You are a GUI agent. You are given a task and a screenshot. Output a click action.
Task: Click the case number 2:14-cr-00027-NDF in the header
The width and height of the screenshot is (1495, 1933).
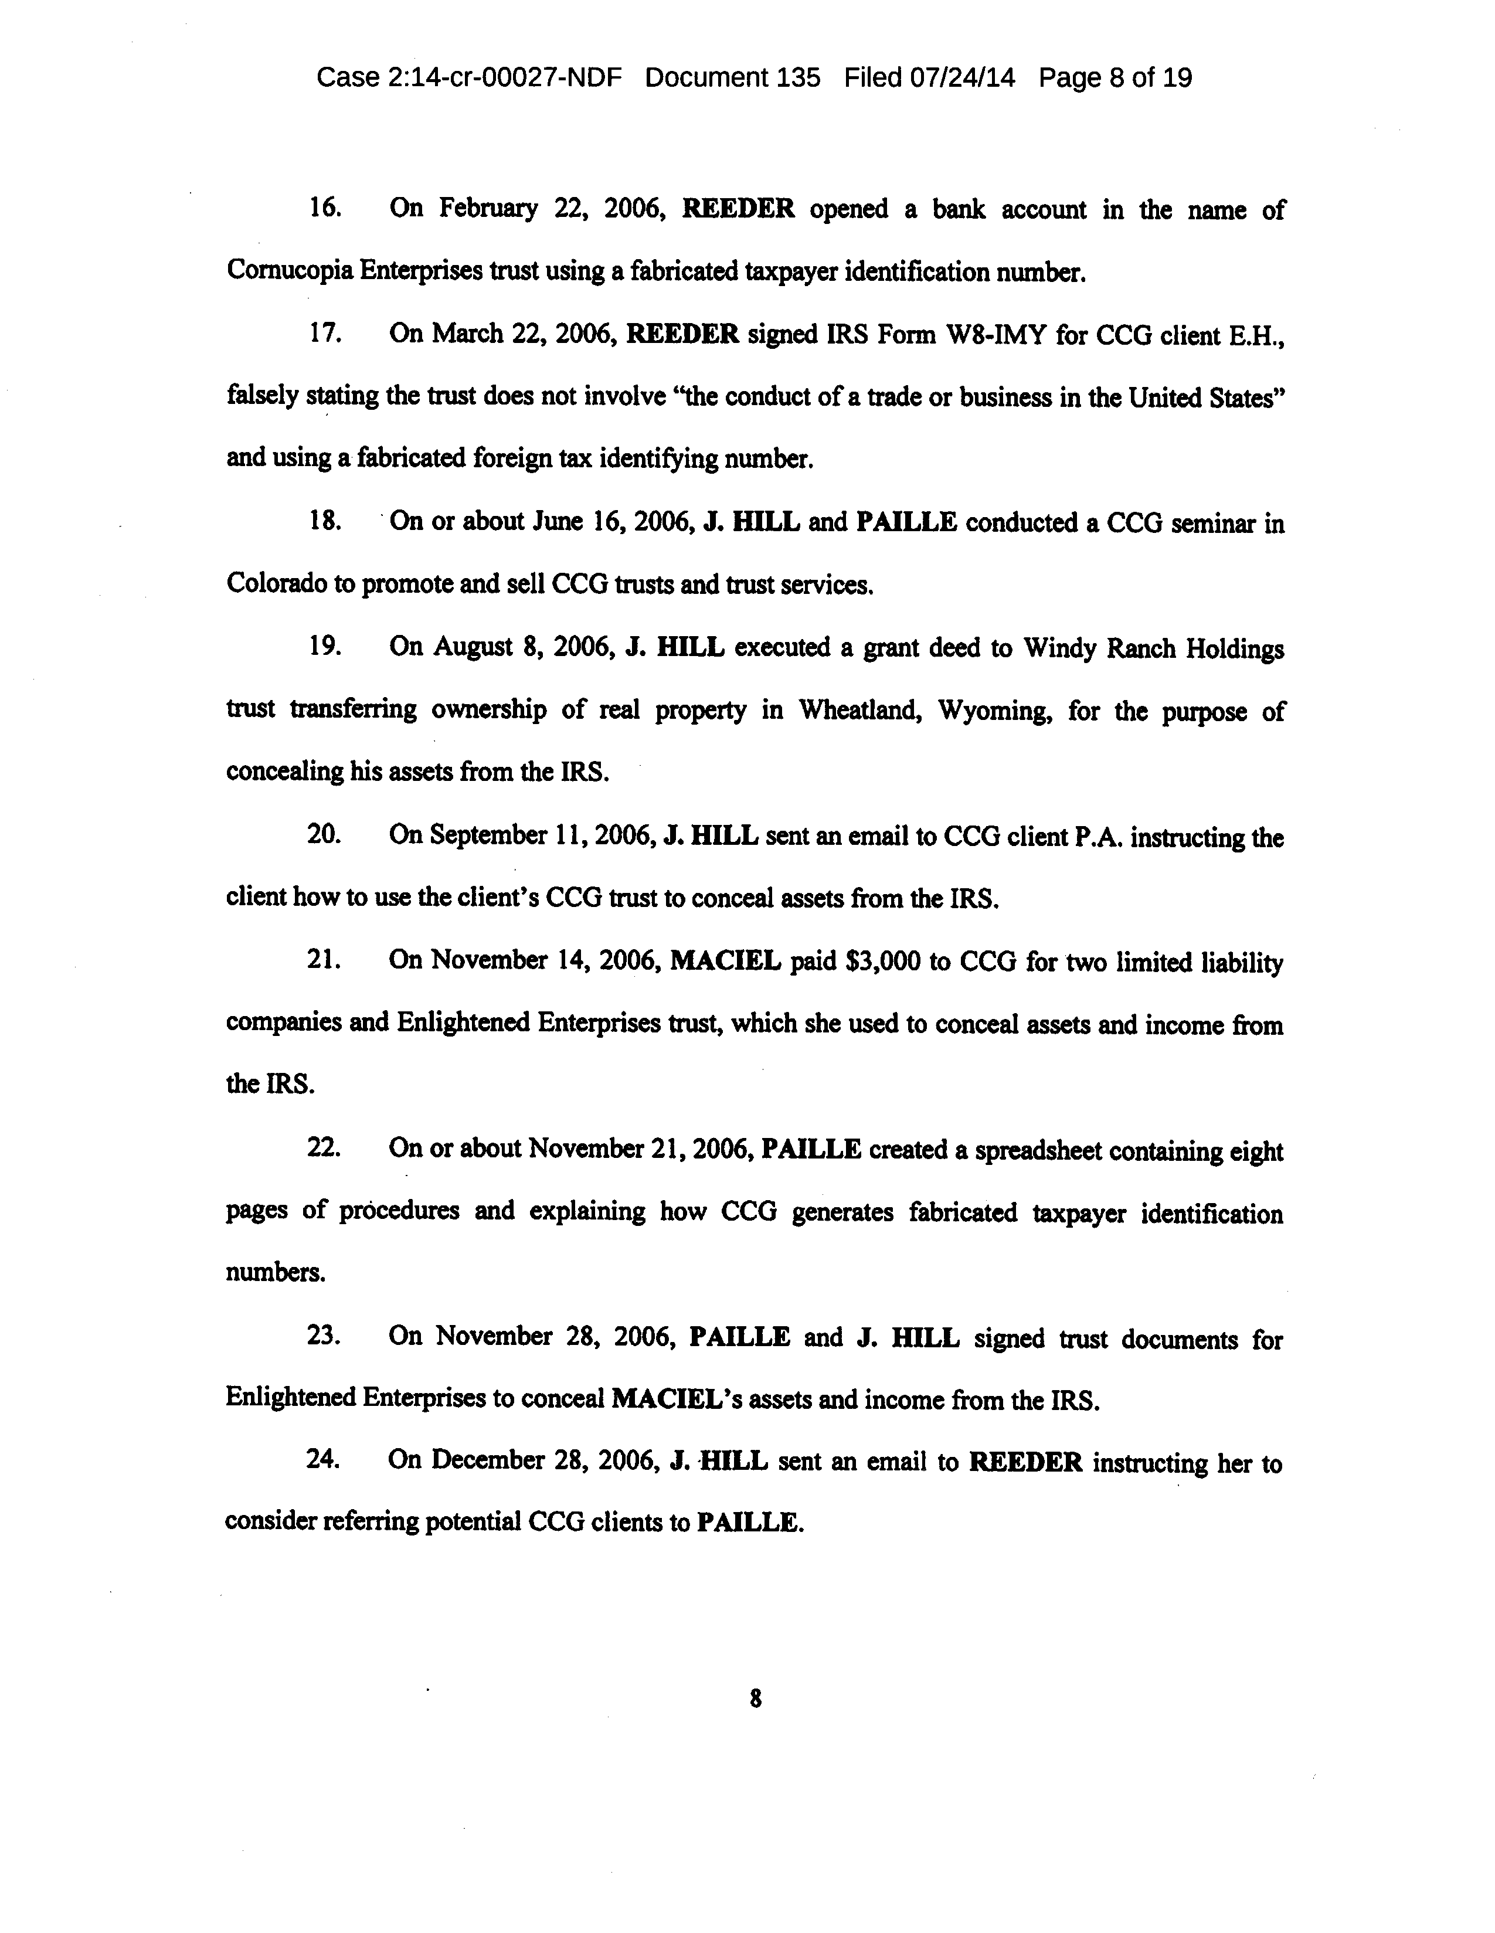coord(507,78)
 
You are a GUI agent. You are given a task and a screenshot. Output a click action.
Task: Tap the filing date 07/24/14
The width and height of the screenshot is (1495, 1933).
coord(963,78)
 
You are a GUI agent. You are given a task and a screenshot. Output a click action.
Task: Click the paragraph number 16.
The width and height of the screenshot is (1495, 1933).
coord(325,209)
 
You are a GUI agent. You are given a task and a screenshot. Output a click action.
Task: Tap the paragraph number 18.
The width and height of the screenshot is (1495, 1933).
coord(325,522)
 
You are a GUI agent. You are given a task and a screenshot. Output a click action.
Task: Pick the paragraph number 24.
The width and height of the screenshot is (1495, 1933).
coord(324,1460)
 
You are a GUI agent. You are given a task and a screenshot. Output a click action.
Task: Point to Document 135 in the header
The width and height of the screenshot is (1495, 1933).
coord(733,78)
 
